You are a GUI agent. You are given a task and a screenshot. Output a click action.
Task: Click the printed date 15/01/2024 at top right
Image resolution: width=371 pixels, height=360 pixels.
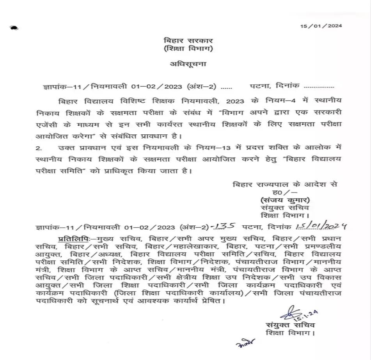(x=321, y=26)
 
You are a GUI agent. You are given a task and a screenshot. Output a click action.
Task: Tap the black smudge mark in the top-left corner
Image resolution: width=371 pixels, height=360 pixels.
(x=14, y=28)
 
